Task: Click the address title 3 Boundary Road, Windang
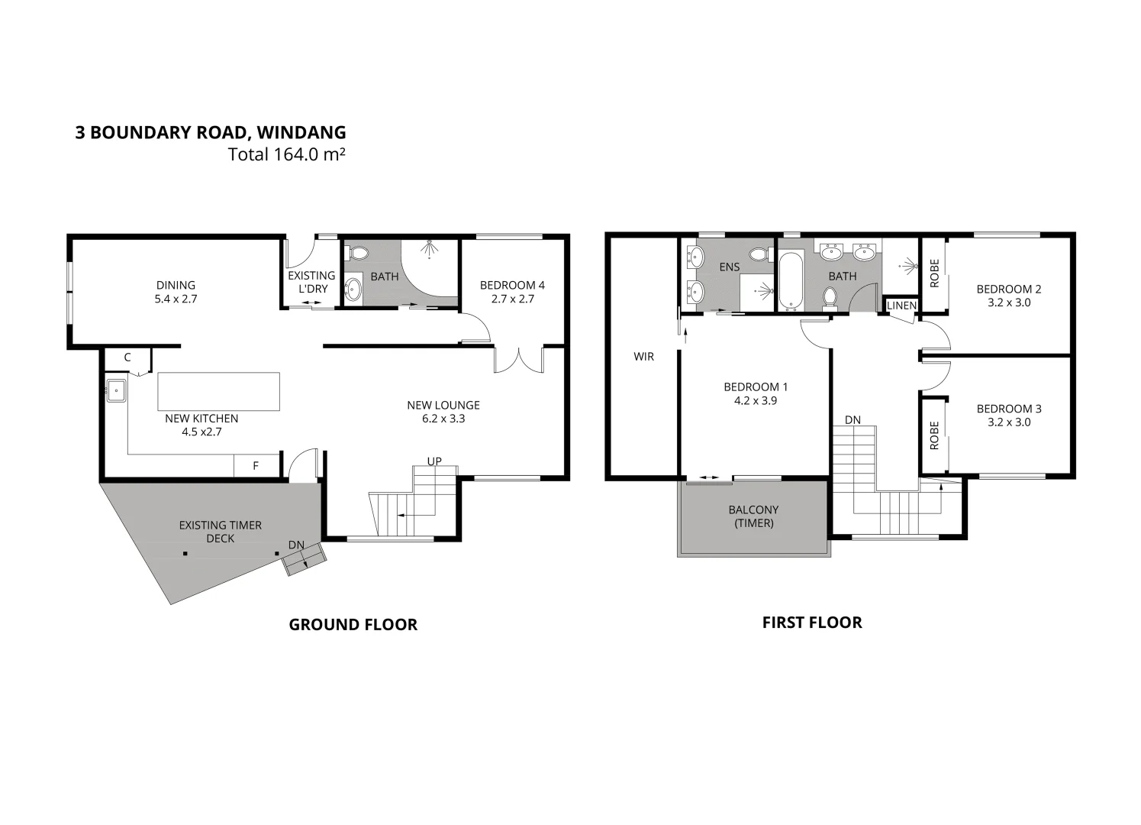pyautogui.click(x=210, y=132)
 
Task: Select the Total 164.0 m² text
pyautogui.click(x=286, y=154)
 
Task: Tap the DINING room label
pyautogui.click(x=176, y=286)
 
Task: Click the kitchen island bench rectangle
pyautogui.click(x=218, y=392)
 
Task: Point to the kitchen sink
pyautogui.click(x=116, y=391)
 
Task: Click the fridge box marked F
pyautogui.click(x=256, y=465)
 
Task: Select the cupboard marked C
pyautogui.click(x=127, y=357)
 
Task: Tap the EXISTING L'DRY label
pyautogui.click(x=311, y=282)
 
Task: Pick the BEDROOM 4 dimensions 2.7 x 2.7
pyautogui.click(x=512, y=299)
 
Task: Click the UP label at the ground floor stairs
pyautogui.click(x=434, y=461)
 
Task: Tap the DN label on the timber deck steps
pyautogui.click(x=296, y=545)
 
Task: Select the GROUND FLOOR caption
pyautogui.click(x=353, y=625)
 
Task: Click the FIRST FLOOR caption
pyautogui.click(x=812, y=623)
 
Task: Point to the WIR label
pyautogui.click(x=643, y=357)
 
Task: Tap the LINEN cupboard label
pyautogui.click(x=901, y=306)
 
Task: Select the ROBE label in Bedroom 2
pyautogui.click(x=933, y=273)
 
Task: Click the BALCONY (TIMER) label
pyautogui.click(x=753, y=516)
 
